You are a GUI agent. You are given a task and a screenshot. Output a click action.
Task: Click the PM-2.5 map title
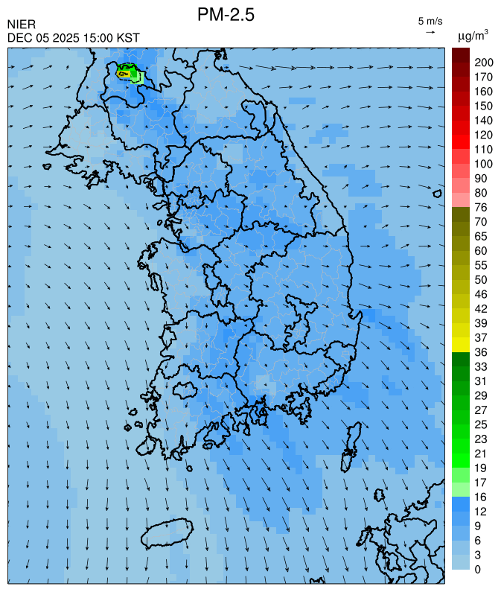pos(226,14)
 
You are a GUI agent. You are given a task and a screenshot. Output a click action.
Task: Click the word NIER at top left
pos(21,25)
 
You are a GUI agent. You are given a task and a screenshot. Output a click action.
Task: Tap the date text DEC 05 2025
pos(43,37)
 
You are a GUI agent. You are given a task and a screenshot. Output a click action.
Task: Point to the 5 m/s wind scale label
pos(430,20)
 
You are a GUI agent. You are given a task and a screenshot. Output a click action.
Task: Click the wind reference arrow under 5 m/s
pos(430,32)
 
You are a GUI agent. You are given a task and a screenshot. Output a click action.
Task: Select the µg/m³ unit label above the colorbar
pos(473,35)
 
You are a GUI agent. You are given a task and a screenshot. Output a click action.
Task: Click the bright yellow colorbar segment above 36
pos(460,344)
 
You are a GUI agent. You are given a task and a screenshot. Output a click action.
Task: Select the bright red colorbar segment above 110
pos(460,141)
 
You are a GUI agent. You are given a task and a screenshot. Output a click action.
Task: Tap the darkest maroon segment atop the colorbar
pos(460,54)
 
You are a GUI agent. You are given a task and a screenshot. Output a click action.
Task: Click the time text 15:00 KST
pos(112,37)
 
